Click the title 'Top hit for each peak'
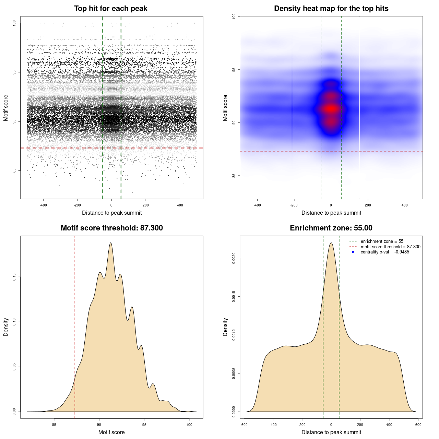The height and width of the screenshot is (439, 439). pos(110,9)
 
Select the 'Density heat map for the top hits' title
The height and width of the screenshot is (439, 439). pos(331,9)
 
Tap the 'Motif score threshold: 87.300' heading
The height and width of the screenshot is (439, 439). pos(111,228)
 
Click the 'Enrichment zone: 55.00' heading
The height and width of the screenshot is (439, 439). pos(331,228)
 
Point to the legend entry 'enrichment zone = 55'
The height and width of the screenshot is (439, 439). pos(382,241)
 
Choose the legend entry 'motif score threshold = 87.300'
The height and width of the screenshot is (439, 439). pos(390,247)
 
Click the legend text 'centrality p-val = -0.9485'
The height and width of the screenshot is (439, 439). pos(385,252)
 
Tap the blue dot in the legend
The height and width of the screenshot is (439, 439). pos(353,252)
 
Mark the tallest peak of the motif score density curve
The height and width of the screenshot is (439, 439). pos(110,243)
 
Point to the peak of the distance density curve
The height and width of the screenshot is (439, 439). pos(331,243)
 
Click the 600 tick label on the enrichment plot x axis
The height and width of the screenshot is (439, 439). pos(418,425)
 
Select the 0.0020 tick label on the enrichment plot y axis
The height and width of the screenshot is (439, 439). pos(234,258)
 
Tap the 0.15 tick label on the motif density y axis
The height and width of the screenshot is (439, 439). pos(14,277)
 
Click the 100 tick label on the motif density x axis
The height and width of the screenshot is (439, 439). pos(189,425)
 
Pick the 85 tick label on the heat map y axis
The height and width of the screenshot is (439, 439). pos(234,176)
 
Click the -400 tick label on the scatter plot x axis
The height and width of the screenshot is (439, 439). pos(43,205)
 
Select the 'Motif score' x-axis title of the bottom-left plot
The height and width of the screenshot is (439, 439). pos(111,432)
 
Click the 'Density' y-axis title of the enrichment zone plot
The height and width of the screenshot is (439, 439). pos(225,327)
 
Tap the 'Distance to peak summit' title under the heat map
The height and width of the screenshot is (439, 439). pos(331,213)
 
